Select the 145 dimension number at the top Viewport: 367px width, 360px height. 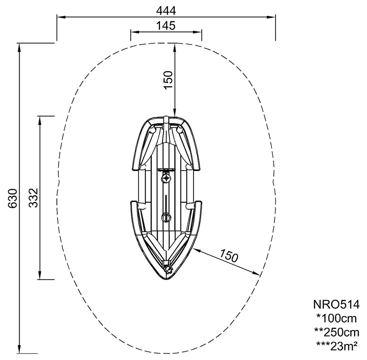pos(166,26)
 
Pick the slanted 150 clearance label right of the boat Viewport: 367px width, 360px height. pos(229,255)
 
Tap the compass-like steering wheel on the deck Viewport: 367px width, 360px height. pos(166,178)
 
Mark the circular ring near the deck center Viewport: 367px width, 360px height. pos(166,217)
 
